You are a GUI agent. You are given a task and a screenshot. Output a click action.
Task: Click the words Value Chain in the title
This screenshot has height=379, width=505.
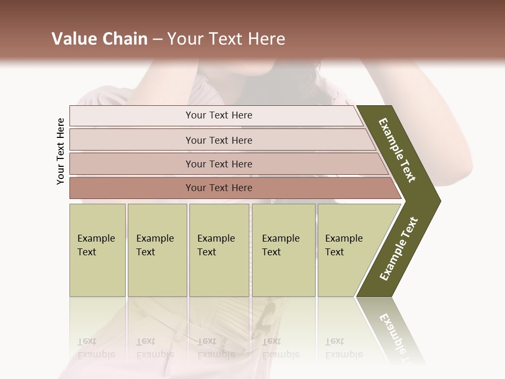pos(99,39)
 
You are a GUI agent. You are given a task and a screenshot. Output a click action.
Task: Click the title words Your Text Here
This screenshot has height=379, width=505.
pos(226,39)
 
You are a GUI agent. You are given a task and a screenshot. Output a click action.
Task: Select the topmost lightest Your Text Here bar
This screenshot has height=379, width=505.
pos(219,115)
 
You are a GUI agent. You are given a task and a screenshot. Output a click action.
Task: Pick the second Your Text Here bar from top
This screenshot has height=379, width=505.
pos(219,140)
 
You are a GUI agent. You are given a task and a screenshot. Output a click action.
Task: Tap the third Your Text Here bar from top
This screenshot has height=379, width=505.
pos(219,164)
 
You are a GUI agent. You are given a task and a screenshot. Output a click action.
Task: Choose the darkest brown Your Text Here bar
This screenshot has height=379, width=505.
pos(219,188)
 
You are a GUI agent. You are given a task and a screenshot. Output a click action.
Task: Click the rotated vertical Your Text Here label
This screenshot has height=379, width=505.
pos(60,151)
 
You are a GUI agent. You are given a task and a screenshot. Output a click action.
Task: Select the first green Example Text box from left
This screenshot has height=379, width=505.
pos(97,250)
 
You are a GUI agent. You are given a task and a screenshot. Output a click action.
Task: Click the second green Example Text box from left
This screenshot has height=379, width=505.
pos(157,250)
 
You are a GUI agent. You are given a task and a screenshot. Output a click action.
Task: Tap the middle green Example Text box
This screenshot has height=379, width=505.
pos(219,250)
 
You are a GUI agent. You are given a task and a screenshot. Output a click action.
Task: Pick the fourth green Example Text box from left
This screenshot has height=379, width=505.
pos(283,250)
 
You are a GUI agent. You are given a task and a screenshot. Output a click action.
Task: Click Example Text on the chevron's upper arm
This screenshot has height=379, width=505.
pos(397,150)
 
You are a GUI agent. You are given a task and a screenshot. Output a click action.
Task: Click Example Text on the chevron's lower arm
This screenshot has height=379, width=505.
pos(399,249)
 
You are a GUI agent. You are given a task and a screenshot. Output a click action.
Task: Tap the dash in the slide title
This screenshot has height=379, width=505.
pos(157,39)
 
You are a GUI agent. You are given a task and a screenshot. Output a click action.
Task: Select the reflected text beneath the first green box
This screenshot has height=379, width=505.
pos(96,347)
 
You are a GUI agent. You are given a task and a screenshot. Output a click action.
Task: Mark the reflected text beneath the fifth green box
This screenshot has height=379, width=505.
pos(344,347)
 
